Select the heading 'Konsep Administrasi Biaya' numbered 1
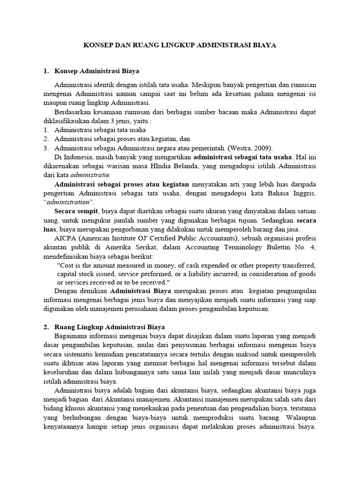pos(94,71)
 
